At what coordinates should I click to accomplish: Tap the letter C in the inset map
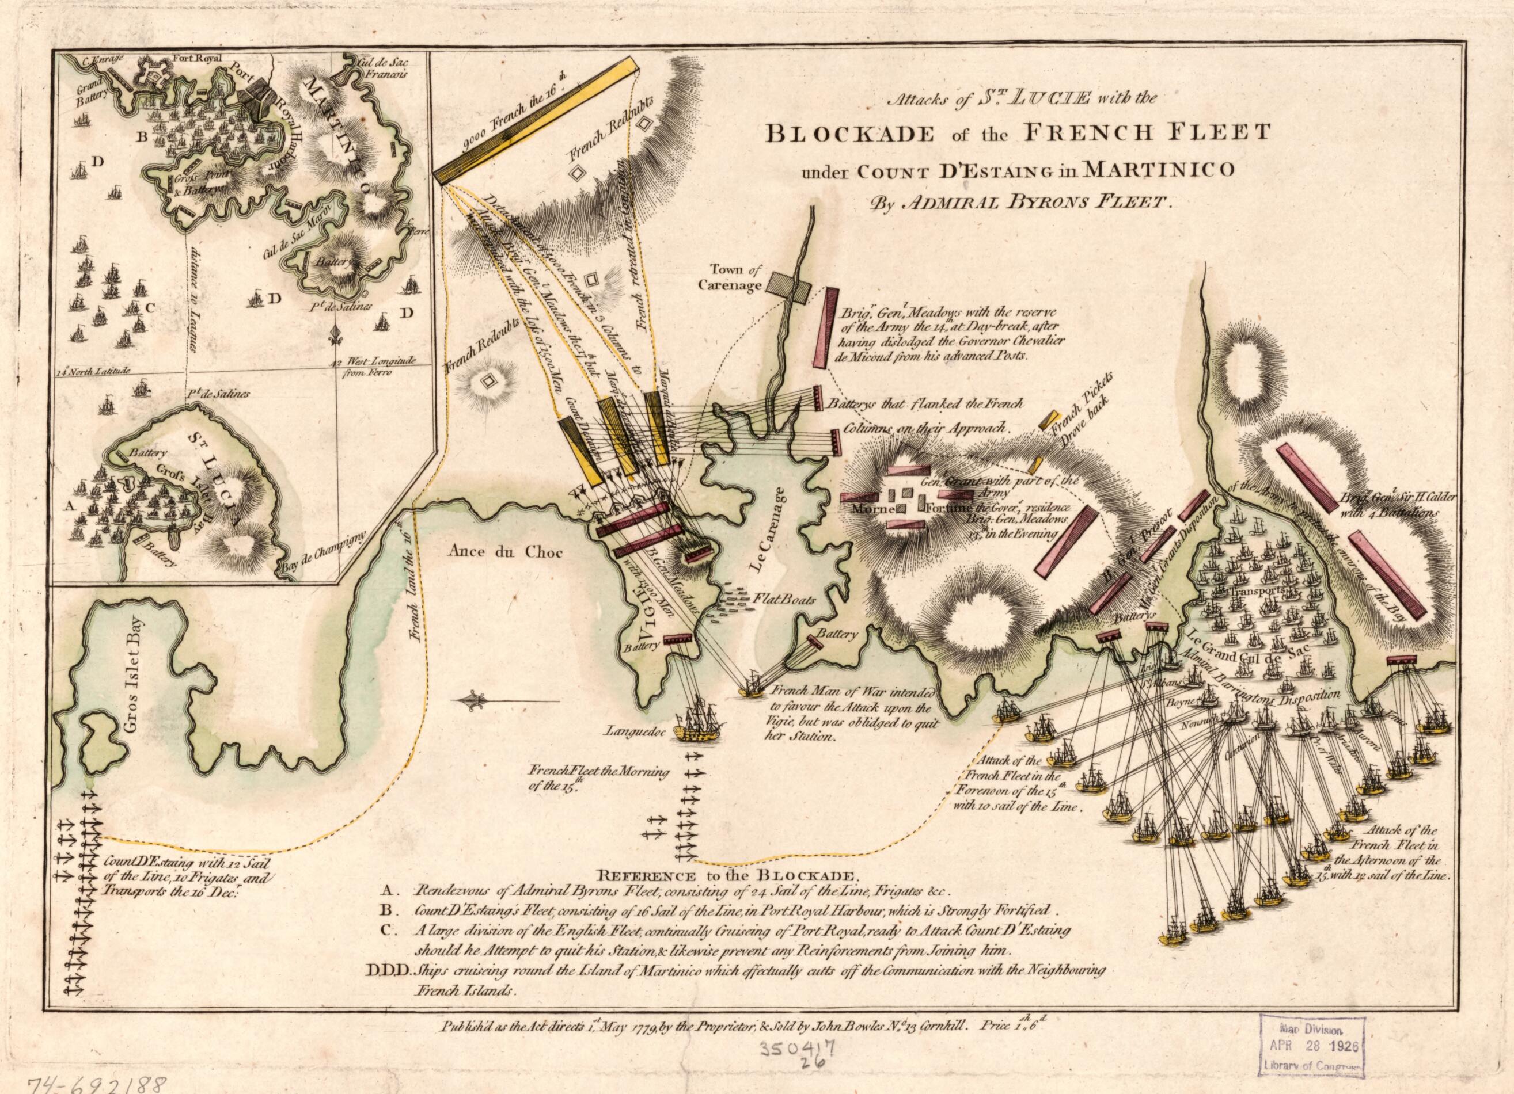[150, 307]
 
